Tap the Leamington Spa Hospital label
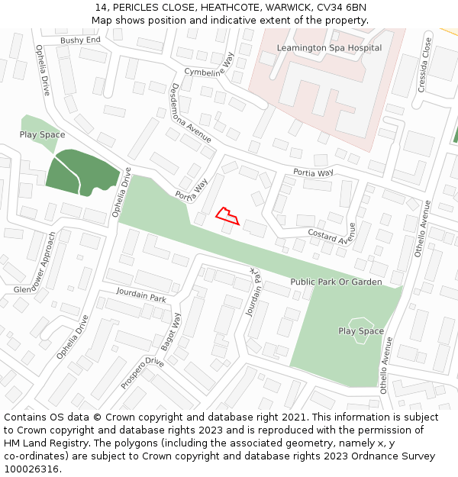tap(329, 48)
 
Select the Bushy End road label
tap(80, 40)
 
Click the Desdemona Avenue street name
tap(191, 113)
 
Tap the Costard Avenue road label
tap(333, 235)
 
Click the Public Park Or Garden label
tap(336, 282)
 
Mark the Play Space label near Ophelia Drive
tap(42, 134)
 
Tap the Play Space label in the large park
tap(361, 331)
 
